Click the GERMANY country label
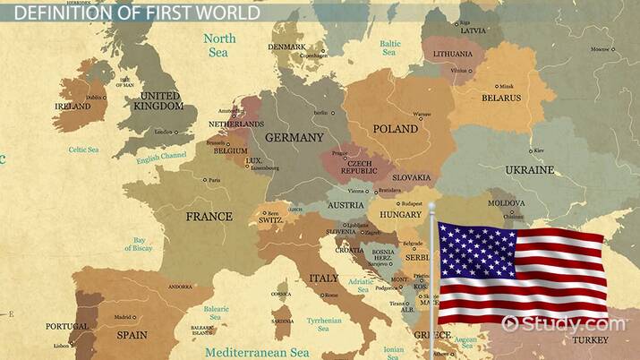[294, 138]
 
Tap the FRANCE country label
[209, 216]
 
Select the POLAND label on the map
[395, 129]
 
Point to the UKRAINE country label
[529, 169]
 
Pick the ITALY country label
[323, 278]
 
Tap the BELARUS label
[501, 98]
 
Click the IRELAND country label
[73, 106]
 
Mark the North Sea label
[219, 44]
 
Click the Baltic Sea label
[389, 47]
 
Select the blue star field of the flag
[465, 251]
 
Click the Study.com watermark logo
[564, 323]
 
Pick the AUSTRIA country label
[346, 205]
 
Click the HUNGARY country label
[400, 215]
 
